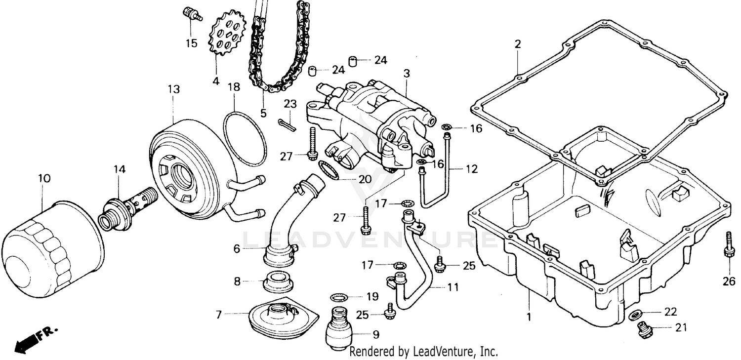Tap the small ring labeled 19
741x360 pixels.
(337, 297)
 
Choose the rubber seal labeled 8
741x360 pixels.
(278, 281)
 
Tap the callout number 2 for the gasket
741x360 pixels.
(517, 44)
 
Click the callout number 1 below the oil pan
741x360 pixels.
(529, 317)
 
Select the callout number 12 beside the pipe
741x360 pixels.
(472, 169)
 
